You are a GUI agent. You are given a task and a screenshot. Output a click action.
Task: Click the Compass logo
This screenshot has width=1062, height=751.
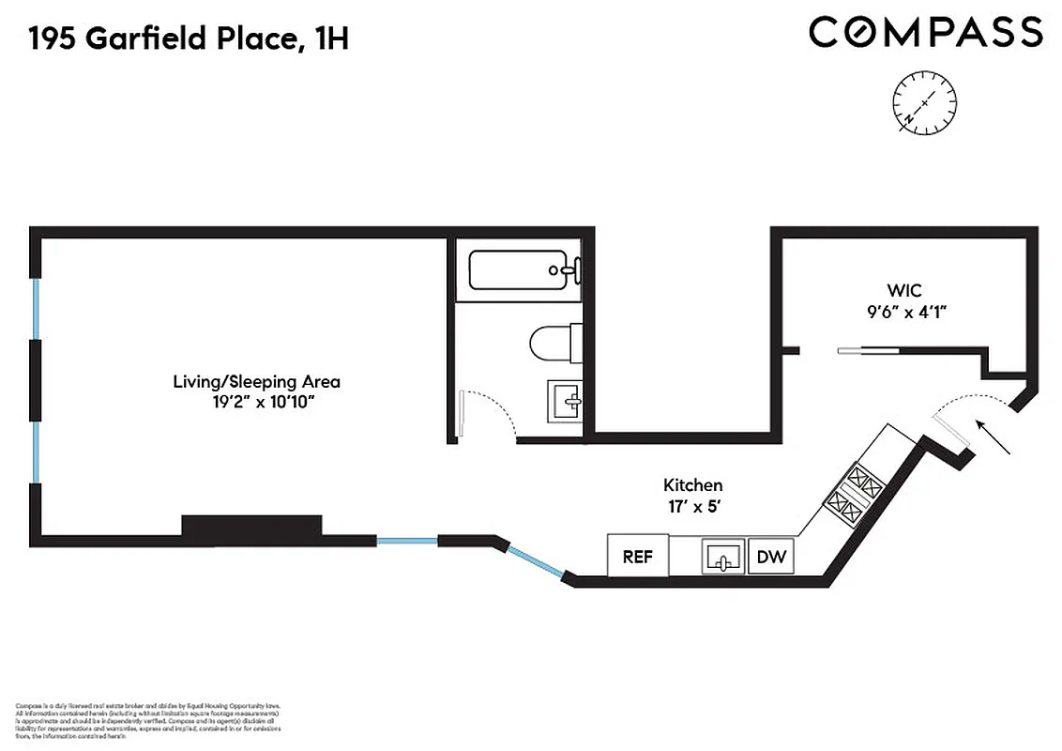(x=925, y=33)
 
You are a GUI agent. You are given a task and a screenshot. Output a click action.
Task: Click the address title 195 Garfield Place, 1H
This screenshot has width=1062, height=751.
(x=189, y=38)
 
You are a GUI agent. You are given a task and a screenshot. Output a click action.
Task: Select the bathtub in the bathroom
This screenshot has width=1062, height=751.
(x=519, y=270)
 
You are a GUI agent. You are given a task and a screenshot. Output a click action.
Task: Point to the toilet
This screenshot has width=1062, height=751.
(x=553, y=344)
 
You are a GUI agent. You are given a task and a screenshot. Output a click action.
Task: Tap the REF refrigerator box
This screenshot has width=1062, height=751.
(x=638, y=556)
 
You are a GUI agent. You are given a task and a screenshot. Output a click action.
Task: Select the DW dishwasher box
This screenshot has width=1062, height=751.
(x=771, y=557)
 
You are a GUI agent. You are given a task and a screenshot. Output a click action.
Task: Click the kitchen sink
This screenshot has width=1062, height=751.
(x=723, y=557)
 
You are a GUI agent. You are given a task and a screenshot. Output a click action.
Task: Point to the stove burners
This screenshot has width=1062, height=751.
(x=855, y=496)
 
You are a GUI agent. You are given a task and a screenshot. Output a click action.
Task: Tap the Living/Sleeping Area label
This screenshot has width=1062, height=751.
(x=256, y=382)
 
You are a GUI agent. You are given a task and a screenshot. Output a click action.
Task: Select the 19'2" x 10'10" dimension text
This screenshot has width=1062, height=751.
(x=256, y=403)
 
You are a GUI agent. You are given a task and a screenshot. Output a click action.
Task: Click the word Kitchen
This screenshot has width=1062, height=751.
(x=692, y=485)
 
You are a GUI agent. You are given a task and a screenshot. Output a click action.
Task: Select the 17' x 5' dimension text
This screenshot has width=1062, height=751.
(x=692, y=506)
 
